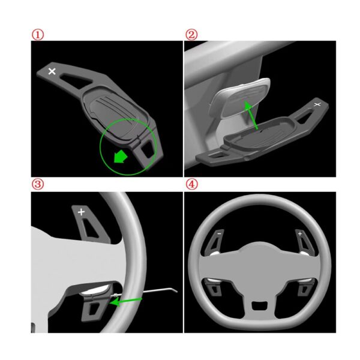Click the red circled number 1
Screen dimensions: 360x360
(x=38, y=35)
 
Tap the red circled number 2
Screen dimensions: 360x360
(x=191, y=35)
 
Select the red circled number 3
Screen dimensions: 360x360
(x=38, y=184)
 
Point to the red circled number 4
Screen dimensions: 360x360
(x=191, y=184)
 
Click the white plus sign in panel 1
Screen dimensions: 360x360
(x=52, y=71)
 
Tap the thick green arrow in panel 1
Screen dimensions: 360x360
(x=121, y=157)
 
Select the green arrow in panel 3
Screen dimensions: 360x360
(x=125, y=301)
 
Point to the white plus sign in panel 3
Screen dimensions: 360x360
(x=81, y=212)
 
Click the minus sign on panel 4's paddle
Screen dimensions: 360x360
(x=219, y=234)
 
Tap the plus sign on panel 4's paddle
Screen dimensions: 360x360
(x=300, y=234)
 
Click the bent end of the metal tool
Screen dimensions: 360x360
(x=173, y=290)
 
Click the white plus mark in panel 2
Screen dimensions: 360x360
(x=317, y=104)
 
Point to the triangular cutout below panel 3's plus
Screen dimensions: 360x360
(x=89, y=228)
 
